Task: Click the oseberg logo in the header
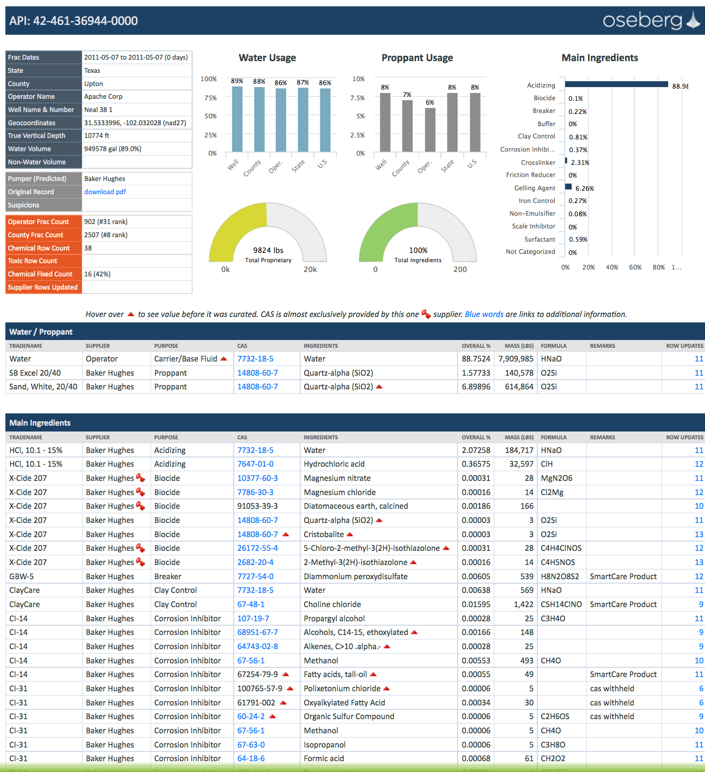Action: pyautogui.click(x=651, y=21)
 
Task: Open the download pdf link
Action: pyautogui.click(x=105, y=192)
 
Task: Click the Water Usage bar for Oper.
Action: pyautogui.click(x=281, y=120)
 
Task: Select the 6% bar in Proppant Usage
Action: pyautogui.click(x=430, y=130)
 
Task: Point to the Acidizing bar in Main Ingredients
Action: pyautogui.click(x=616, y=85)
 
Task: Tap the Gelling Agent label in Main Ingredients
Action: pyautogui.click(x=534, y=188)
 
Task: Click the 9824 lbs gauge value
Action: pyautogui.click(x=268, y=250)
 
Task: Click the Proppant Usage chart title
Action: pyautogui.click(x=417, y=58)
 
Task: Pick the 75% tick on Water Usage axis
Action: pyautogui.click(x=210, y=98)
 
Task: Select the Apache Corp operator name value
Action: pyautogui.click(x=103, y=96)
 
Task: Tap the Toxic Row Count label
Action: pyautogui.click(x=32, y=261)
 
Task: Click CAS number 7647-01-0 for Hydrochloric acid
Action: pyautogui.click(x=255, y=464)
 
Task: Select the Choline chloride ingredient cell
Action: pyautogui.click(x=332, y=604)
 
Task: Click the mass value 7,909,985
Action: pyautogui.click(x=516, y=359)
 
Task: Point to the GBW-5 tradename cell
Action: pyautogui.click(x=22, y=576)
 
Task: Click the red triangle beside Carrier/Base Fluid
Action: pyautogui.click(x=224, y=359)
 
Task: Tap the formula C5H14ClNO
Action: pyautogui.click(x=561, y=604)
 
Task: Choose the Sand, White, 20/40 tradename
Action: pyautogui.click(x=43, y=386)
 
